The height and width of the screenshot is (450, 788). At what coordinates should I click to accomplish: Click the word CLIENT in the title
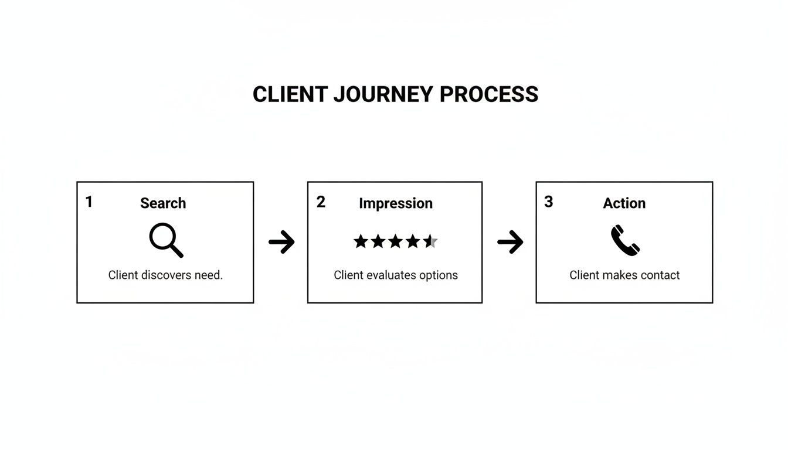click(x=290, y=94)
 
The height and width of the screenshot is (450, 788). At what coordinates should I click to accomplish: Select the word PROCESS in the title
click(x=488, y=94)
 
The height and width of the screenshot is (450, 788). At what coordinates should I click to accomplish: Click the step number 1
click(x=89, y=202)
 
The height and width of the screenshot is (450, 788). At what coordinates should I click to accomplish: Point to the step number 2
click(x=321, y=202)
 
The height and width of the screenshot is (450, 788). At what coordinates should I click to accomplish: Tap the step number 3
click(x=548, y=202)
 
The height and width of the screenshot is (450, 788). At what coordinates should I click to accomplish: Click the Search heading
click(x=163, y=203)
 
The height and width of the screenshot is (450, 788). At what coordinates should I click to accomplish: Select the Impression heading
click(x=396, y=203)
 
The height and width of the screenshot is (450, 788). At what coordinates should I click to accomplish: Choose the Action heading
click(x=624, y=203)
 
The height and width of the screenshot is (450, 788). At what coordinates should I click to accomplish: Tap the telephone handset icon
click(x=625, y=241)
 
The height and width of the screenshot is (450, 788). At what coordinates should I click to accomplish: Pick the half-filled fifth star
click(x=431, y=241)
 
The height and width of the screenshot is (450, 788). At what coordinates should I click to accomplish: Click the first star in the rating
click(x=361, y=241)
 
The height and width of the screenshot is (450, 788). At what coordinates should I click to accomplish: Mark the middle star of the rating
click(x=396, y=241)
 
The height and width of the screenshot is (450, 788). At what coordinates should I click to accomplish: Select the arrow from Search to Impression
click(x=281, y=241)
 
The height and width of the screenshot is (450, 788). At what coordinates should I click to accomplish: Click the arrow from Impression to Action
click(x=510, y=241)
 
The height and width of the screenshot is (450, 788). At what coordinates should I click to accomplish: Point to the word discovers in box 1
click(x=166, y=275)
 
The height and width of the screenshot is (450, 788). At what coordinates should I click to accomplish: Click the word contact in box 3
click(x=660, y=275)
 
